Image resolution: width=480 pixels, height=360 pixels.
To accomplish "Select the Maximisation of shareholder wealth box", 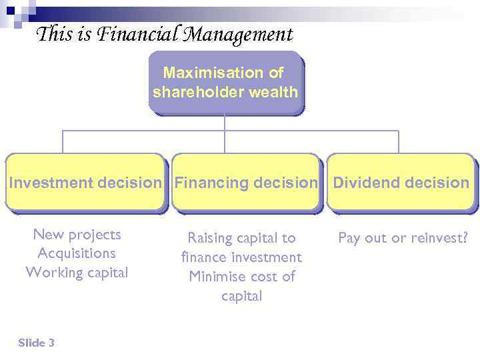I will pyautogui.click(x=225, y=82).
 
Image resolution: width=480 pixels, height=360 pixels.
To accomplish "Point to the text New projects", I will pyautogui.click(x=77, y=235).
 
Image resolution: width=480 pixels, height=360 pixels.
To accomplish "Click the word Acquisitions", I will pyautogui.click(x=77, y=253).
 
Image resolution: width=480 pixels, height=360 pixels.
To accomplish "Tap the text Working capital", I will pyautogui.click(x=77, y=273).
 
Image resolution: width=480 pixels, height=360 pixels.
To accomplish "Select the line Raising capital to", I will pyautogui.click(x=241, y=238).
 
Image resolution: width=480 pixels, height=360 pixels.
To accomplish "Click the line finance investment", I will pyautogui.click(x=241, y=257).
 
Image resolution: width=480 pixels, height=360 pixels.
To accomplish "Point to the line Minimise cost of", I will pyautogui.click(x=241, y=276).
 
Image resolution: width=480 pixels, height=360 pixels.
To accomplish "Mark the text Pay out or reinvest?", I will pyautogui.click(x=403, y=238).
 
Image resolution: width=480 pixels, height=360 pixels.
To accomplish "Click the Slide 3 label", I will pyautogui.click(x=37, y=343).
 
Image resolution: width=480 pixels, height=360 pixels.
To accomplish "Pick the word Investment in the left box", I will pyautogui.click(x=51, y=183).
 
